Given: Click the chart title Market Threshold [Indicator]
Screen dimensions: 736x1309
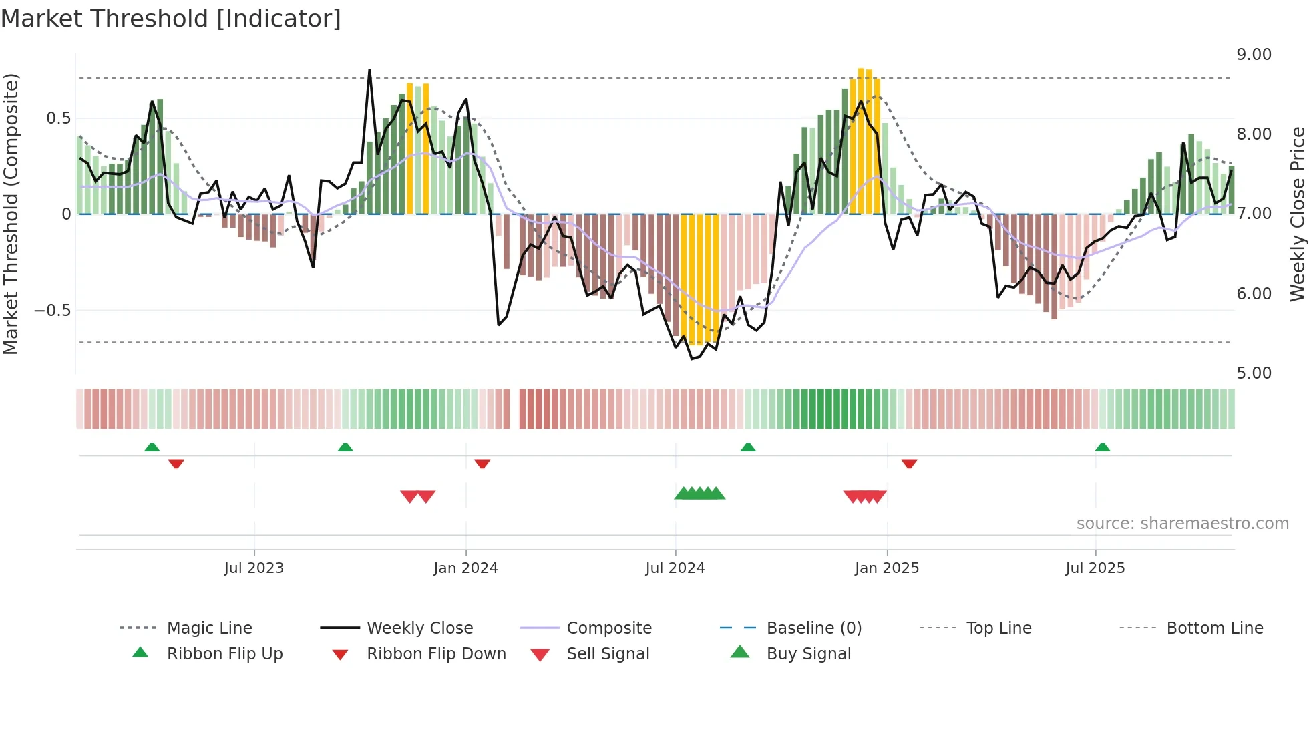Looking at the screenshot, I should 171,19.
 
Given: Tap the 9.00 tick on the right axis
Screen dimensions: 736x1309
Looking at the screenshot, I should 1254,55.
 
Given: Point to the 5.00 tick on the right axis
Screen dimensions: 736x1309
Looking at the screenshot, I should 1254,373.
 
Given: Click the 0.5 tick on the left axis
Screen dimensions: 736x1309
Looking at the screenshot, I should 58,118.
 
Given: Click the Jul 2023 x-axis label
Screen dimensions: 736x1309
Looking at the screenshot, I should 254,568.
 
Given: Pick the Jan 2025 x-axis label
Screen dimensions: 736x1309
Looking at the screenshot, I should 886,568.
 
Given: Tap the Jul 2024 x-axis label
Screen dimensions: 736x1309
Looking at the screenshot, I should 675,568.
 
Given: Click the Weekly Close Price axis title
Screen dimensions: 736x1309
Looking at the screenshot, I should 1297,214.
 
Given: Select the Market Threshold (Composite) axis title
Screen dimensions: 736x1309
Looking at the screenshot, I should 11,214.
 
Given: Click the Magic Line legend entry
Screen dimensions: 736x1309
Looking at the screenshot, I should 209,628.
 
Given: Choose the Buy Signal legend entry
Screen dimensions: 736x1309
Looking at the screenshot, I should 808,654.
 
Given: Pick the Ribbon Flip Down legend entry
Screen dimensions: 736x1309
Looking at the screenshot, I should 435,654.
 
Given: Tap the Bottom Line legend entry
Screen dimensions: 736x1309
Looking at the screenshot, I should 1214,628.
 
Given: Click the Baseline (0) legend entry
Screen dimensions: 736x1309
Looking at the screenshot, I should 813,628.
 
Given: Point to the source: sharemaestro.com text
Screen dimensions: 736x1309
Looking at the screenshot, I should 1182,524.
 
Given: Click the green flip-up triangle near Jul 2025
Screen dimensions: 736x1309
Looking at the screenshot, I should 1102,447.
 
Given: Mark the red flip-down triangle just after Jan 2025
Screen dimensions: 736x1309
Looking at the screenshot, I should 909,464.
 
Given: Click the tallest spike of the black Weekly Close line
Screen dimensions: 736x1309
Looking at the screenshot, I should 369,71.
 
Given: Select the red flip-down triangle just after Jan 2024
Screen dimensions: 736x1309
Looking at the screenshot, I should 482,464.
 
